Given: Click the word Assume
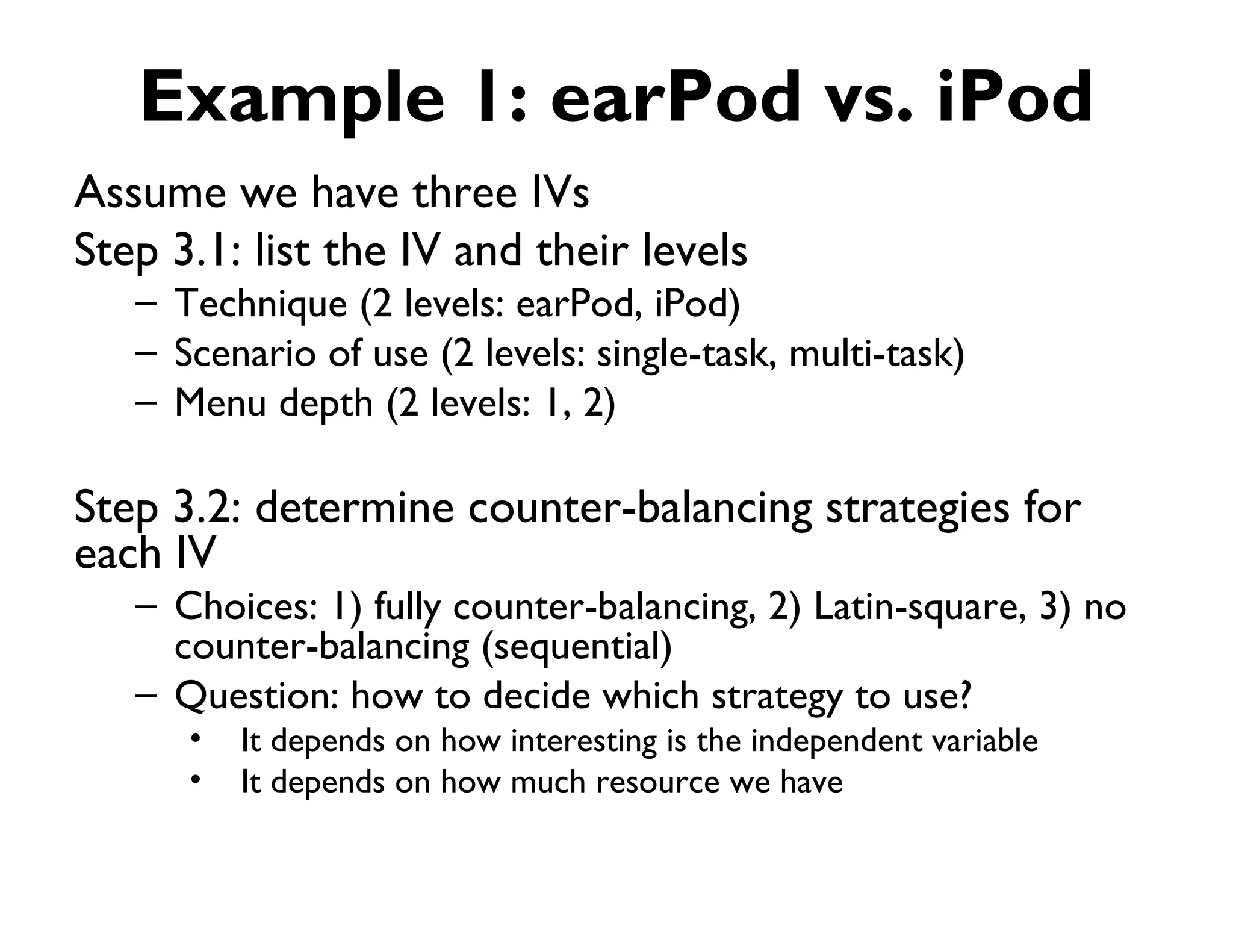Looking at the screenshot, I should (x=151, y=193).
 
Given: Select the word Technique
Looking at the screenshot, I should (x=261, y=304).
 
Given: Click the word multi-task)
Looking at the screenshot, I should (x=877, y=353).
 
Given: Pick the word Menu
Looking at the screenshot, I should (x=220, y=403).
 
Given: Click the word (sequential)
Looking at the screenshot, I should (x=576, y=647).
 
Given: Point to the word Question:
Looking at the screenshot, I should (x=256, y=697).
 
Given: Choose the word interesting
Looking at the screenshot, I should (x=583, y=741).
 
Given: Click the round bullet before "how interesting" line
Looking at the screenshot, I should (x=195, y=739).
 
